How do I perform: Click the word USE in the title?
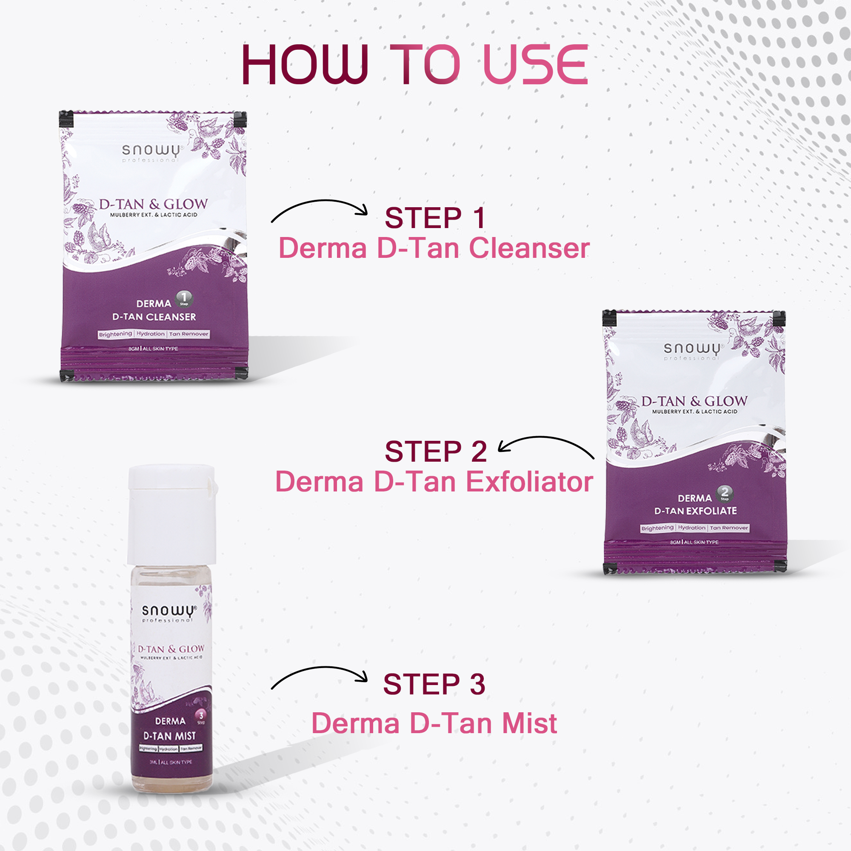(535, 65)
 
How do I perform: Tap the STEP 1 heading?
(435, 218)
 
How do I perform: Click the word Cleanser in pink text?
(529, 248)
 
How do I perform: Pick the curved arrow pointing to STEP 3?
(320, 675)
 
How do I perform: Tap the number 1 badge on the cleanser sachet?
(184, 299)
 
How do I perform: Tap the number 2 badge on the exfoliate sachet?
(725, 492)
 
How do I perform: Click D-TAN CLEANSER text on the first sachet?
(154, 317)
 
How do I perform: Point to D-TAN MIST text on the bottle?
(170, 736)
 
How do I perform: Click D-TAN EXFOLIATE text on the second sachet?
(695, 511)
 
